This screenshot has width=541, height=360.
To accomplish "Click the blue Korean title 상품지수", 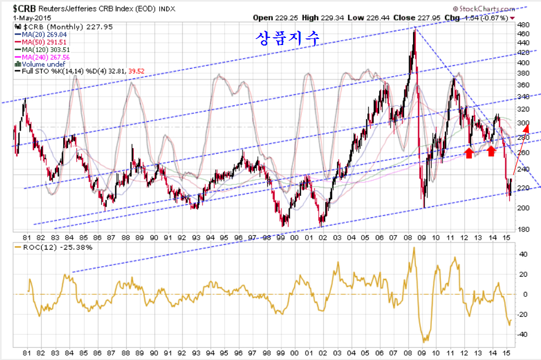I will coord(286,37).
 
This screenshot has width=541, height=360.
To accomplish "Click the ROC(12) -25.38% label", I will coord(55,248).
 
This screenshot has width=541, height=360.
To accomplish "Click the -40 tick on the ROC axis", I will coord(524,334).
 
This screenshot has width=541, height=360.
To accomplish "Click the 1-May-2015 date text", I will coord(29,18).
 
